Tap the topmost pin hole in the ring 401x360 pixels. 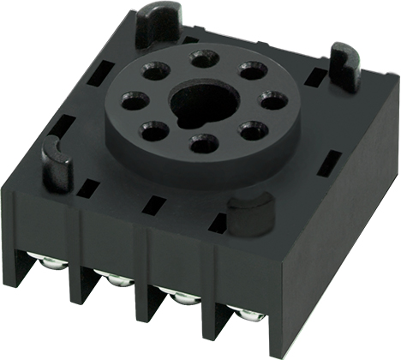click(202, 59)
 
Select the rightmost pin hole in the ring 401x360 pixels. click(270, 102)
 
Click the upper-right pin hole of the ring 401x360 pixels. click(250, 70)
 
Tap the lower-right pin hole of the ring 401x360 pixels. click(249, 131)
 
